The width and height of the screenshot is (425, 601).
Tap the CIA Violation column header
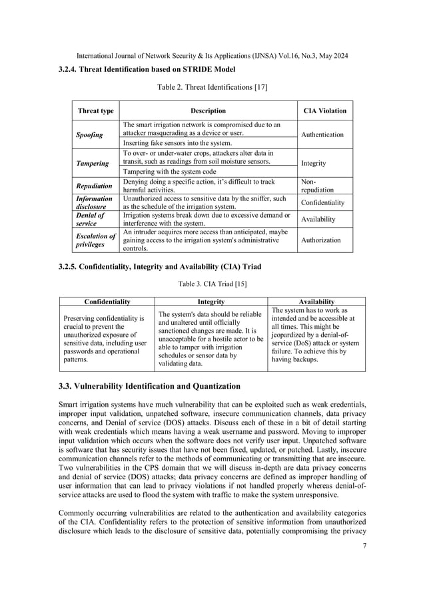click(323, 111)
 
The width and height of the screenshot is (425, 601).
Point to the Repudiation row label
click(92, 184)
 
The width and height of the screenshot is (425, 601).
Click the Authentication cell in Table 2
click(322, 134)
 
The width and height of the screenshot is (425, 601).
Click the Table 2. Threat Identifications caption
click(212, 87)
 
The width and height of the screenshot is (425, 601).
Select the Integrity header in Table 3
click(211, 301)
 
